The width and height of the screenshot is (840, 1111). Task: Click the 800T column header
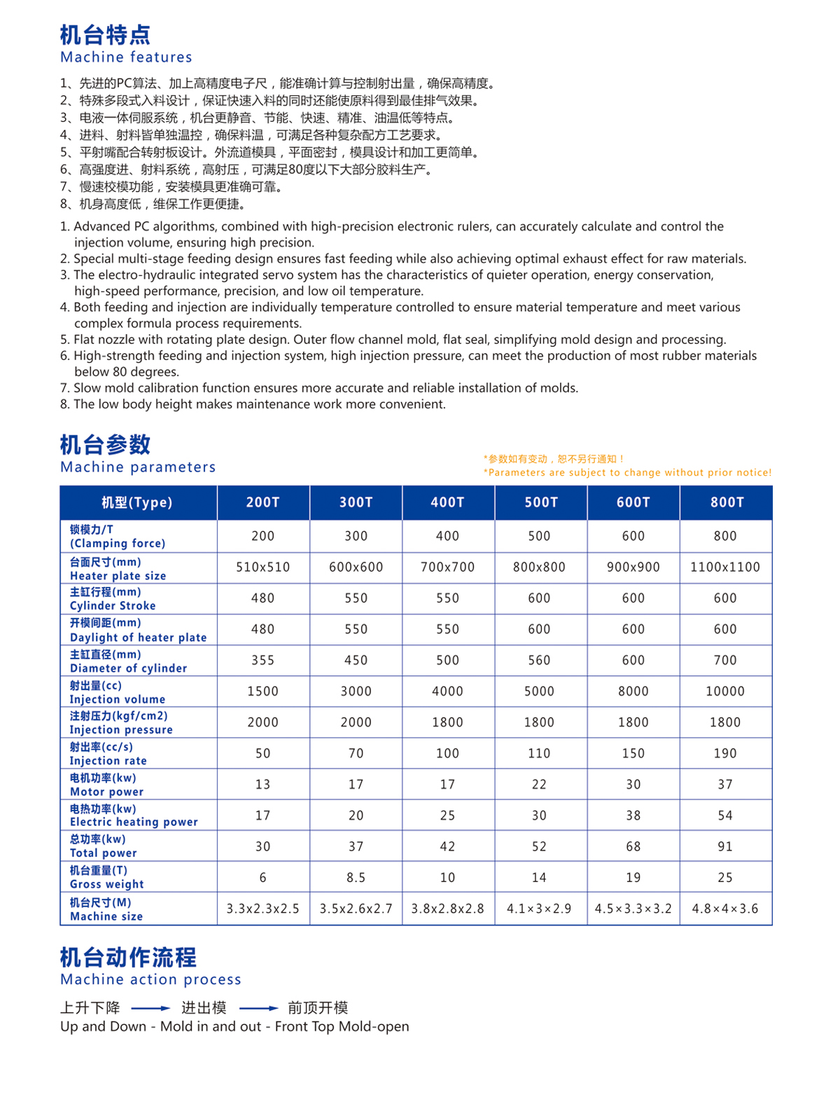[x=726, y=502]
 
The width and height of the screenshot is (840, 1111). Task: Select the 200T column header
[x=263, y=502]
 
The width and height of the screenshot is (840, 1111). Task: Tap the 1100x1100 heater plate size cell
[x=725, y=567]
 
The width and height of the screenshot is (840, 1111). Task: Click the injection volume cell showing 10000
[x=725, y=691]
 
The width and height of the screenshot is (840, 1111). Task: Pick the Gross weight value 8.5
[x=356, y=878]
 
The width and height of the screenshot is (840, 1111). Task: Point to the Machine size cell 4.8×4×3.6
[x=725, y=909]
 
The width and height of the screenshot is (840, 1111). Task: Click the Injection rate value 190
[x=725, y=754]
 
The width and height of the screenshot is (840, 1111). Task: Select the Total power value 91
[x=725, y=847]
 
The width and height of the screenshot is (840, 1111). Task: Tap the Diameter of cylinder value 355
[x=263, y=661]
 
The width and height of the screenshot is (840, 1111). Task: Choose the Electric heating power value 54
[x=725, y=815]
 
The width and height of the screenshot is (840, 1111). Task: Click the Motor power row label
[x=106, y=785]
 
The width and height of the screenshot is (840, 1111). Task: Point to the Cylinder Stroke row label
[x=113, y=599]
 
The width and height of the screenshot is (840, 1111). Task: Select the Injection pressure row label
[x=121, y=723]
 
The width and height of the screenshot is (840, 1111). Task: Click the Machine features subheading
[x=126, y=57]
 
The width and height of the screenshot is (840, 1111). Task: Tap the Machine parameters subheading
[x=138, y=467]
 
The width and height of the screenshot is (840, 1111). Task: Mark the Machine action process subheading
[x=150, y=979]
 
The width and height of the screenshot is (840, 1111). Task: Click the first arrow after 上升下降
[x=150, y=1009]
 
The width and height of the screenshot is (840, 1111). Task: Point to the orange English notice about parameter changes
[x=628, y=473]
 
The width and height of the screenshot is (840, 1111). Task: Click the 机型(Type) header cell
[x=137, y=502]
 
